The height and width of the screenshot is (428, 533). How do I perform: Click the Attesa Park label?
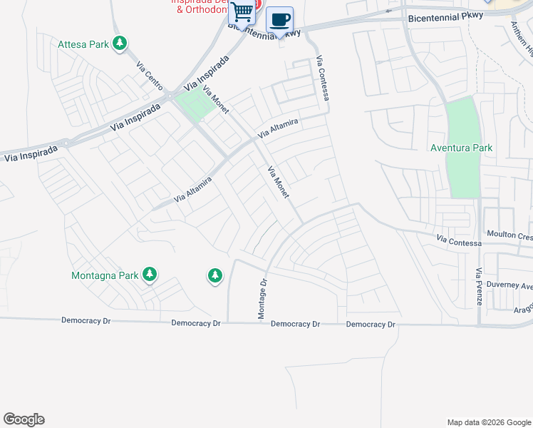coord(83,44)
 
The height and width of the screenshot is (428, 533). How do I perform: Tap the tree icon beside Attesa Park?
coord(120,44)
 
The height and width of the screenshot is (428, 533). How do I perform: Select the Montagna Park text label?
coord(104,275)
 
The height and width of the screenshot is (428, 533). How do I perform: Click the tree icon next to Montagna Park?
coord(149,274)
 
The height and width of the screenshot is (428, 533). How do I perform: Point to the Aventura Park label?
coord(462,148)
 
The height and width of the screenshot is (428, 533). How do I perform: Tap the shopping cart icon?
coord(242,12)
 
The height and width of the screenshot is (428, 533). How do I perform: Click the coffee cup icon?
coord(280,20)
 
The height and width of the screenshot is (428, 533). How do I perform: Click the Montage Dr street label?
coord(262,298)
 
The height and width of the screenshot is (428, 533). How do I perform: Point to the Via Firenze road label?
coord(480,287)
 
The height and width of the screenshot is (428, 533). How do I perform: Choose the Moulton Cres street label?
coord(509,235)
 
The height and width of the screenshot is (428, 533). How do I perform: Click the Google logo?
coord(24,419)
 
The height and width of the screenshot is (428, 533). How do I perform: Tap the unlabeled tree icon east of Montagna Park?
coord(215,275)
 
